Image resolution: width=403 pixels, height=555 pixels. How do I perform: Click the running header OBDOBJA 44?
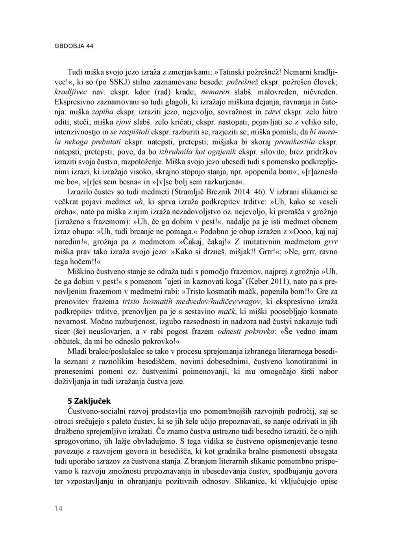pyautogui.click(x=74, y=46)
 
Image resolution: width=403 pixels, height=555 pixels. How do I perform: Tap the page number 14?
pyautogui.click(x=59, y=509)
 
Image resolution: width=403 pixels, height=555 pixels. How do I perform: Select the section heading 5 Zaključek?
pyautogui.click(x=89, y=401)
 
